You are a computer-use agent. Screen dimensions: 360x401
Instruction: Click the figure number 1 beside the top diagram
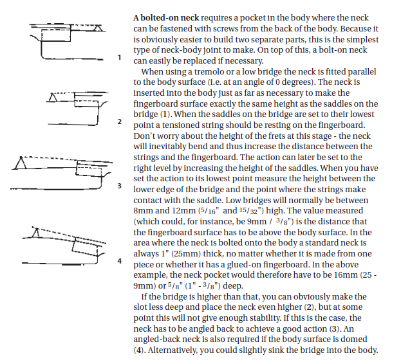click(x=119, y=57)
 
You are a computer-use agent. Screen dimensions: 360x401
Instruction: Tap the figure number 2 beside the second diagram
click(x=119, y=121)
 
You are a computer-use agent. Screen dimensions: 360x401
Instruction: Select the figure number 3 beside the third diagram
click(x=119, y=186)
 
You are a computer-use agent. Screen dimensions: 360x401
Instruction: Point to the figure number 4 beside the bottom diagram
click(x=119, y=261)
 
